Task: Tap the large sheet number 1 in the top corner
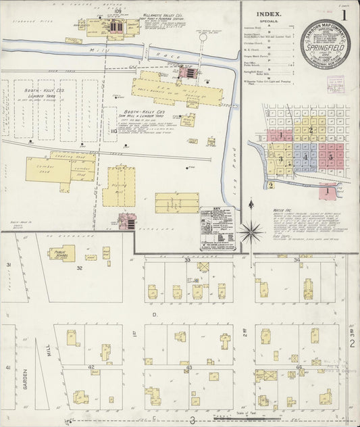345,14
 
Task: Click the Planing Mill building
121,186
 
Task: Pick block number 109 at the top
118,11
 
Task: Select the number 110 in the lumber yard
113,130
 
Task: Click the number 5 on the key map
330,157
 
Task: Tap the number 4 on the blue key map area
306,157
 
